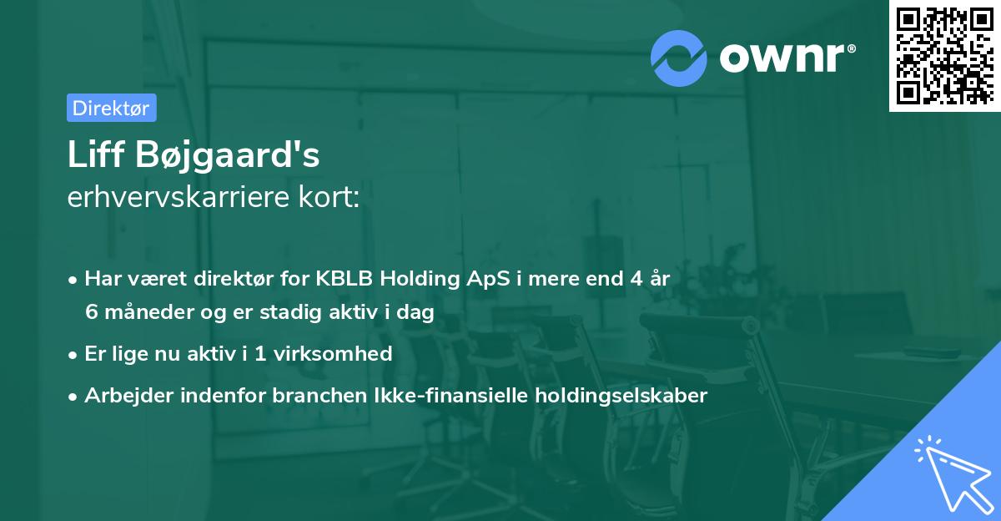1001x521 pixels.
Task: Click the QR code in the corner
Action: (944, 56)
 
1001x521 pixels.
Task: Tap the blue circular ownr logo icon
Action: (679, 58)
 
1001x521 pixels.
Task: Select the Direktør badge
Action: (111, 108)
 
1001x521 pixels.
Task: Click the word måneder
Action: (143, 312)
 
